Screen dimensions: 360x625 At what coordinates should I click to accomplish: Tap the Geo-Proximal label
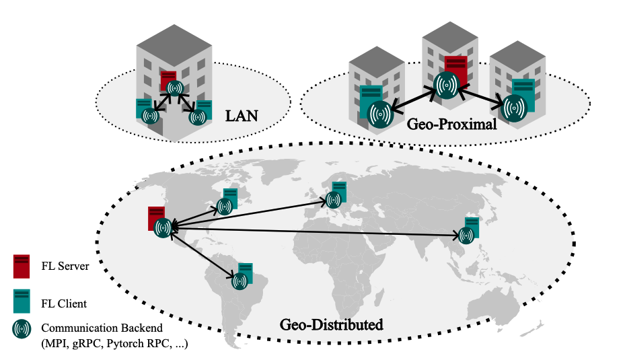click(x=441, y=124)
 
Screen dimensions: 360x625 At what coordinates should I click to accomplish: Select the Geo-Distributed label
click(x=331, y=325)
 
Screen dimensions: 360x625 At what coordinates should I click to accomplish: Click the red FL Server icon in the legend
click(x=22, y=266)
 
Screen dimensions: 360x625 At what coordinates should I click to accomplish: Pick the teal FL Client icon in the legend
click(x=22, y=300)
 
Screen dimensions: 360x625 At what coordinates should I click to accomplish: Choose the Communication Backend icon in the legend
click(x=22, y=328)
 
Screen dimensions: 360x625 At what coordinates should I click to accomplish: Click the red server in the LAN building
click(x=168, y=78)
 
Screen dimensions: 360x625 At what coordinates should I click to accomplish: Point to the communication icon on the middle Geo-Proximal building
click(x=446, y=85)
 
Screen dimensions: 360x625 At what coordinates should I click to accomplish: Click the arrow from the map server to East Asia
click(x=316, y=233)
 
